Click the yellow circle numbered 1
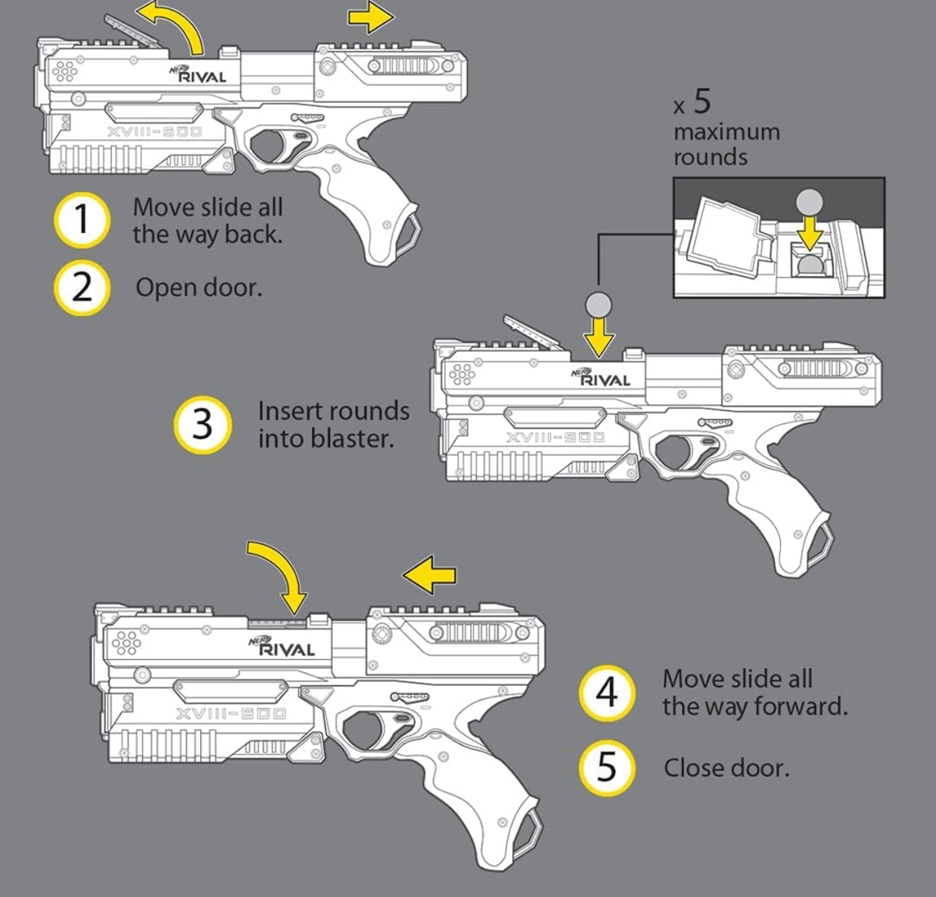pyautogui.click(x=82, y=220)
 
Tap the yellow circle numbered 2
pyautogui.click(x=82, y=287)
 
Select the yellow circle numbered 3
pyautogui.click(x=202, y=424)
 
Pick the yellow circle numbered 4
pyautogui.click(x=607, y=692)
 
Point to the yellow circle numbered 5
pyautogui.click(x=607, y=768)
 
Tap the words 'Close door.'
pyautogui.click(x=726, y=768)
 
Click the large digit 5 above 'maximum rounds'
pyautogui.click(x=703, y=101)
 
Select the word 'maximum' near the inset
pyautogui.click(x=727, y=132)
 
